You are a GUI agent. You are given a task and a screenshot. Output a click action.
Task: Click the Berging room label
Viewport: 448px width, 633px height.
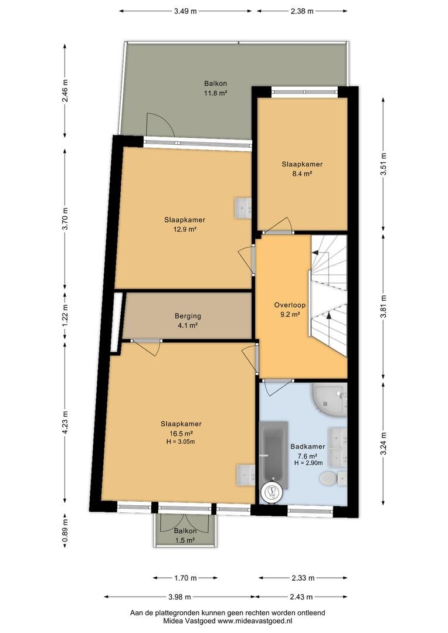(x=188, y=316)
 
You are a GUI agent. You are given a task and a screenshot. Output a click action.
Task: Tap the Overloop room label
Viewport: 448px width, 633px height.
(x=290, y=305)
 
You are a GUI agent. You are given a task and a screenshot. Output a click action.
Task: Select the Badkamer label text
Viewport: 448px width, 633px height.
(x=308, y=447)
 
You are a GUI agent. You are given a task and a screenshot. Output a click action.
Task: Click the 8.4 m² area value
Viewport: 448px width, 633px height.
(x=302, y=174)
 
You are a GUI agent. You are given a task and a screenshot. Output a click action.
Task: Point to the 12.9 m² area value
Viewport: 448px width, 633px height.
(x=185, y=230)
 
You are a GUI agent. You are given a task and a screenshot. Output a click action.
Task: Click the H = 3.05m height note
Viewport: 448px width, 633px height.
(x=181, y=442)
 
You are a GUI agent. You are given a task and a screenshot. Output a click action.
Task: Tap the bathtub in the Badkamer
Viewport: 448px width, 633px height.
(x=274, y=455)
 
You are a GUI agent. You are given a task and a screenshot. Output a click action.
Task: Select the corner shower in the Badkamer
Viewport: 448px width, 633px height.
(x=329, y=400)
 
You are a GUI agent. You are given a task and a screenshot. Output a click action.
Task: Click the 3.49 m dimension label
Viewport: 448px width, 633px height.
(x=185, y=11)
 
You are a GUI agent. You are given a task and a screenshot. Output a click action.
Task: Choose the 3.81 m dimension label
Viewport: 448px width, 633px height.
(x=383, y=307)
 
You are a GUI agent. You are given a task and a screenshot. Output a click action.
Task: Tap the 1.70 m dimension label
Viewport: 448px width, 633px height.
(x=185, y=578)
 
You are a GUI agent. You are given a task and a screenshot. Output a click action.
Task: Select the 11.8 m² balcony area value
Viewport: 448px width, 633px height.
(x=215, y=93)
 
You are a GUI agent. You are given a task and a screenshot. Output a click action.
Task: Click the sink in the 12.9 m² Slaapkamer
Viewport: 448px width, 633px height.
(x=243, y=208)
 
